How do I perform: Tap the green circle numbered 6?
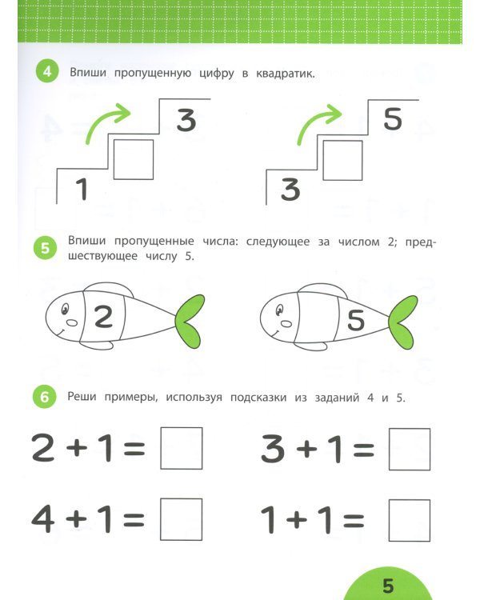[46, 397]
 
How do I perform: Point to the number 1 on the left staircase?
[81, 190]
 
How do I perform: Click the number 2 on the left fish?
[104, 318]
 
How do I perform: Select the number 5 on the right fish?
[356, 320]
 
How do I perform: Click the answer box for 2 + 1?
[182, 449]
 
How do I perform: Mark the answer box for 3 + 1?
[409, 449]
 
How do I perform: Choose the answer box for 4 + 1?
[182, 519]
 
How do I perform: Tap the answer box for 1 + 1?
[409, 519]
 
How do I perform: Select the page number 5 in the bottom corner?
[388, 586]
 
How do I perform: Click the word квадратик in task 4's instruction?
[287, 74]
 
